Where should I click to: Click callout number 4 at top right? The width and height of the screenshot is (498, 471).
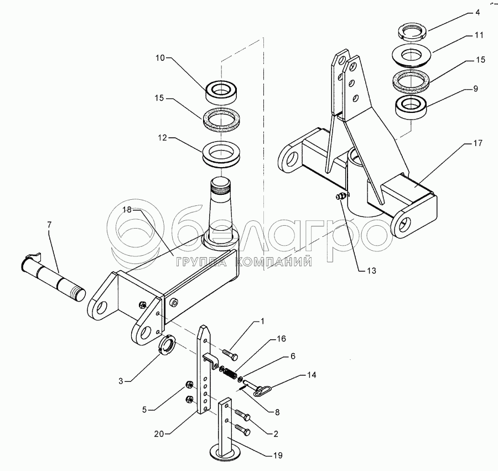(478, 13)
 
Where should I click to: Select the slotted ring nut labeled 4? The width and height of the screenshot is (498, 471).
(411, 33)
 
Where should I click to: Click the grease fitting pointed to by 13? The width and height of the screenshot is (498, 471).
(341, 196)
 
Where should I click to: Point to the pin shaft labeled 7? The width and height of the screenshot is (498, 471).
(53, 276)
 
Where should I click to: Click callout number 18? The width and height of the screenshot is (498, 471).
(127, 210)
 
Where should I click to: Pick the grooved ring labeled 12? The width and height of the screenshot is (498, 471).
(221, 154)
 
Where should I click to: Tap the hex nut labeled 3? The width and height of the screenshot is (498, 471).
(167, 345)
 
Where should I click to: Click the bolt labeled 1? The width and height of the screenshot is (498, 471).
(230, 355)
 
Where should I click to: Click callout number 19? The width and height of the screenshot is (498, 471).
(278, 455)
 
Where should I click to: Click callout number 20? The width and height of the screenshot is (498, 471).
(159, 433)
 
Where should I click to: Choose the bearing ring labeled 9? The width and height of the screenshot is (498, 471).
(411, 108)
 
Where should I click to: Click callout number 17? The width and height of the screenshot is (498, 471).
(478, 143)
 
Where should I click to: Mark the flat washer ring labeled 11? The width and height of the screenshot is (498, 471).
(411, 55)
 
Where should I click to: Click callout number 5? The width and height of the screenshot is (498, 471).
(144, 410)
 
